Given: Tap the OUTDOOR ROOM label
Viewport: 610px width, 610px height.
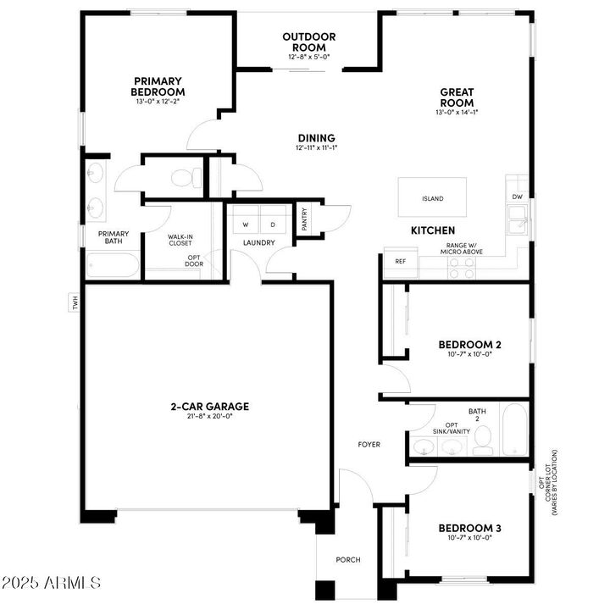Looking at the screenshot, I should (x=309, y=42).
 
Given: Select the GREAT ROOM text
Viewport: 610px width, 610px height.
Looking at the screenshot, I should (x=456, y=97).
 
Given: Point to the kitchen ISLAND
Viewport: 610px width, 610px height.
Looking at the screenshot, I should (x=432, y=198).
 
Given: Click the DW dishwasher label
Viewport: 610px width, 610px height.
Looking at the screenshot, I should (x=517, y=197).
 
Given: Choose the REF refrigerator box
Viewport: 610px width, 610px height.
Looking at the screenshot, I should (x=400, y=262).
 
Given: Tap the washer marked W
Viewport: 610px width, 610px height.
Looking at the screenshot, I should (x=246, y=225).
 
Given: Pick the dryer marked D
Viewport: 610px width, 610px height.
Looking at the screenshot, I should (x=273, y=225).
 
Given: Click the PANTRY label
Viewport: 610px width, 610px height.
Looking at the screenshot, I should (x=304, y=219).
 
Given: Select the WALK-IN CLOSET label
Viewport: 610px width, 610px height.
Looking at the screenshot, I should (x=180, y=241).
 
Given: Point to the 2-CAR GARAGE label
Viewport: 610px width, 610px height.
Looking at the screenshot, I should (x=209, y=406).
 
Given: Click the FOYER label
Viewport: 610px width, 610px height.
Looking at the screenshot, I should (x=369, y=444).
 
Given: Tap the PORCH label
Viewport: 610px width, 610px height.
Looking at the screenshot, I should (x=348, y=559).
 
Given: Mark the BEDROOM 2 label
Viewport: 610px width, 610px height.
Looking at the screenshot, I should (x=469, y=344).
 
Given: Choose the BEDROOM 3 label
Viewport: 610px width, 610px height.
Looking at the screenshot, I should (x=469, y=529).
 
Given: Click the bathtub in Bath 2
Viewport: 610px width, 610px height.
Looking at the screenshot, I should (x=514, y=430).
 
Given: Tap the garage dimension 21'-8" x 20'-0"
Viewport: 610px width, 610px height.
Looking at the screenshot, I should (x=209, y=417).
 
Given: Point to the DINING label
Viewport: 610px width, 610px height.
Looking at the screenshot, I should (x=316, y=138).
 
